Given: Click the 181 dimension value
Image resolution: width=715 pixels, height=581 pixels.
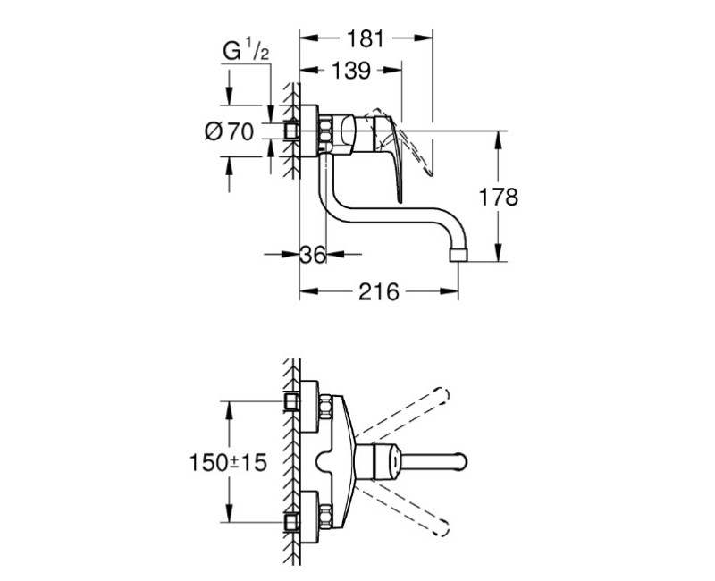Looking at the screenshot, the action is click(x=366, y=38).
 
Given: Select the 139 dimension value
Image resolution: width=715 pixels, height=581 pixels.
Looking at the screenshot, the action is click(x=350, y=71).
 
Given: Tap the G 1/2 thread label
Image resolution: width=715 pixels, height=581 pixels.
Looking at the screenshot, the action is click(x=246, y=51).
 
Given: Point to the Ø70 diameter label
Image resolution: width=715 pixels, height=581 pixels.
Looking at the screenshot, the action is click(x=229, y=132).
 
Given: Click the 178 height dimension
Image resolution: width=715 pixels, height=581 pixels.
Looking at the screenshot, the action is click(x=499, y=198).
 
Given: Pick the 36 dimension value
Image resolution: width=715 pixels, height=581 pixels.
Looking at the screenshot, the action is click(x=313, y=255).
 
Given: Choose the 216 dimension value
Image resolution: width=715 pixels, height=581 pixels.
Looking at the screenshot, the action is click(x=378, y=292).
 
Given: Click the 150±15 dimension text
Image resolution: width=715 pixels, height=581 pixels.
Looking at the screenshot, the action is click(x=228, y=463).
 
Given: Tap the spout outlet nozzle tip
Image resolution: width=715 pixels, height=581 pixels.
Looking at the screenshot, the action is click(x=458, y=255).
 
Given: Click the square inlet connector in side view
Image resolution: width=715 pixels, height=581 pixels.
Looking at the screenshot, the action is click(x=291, y=131).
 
